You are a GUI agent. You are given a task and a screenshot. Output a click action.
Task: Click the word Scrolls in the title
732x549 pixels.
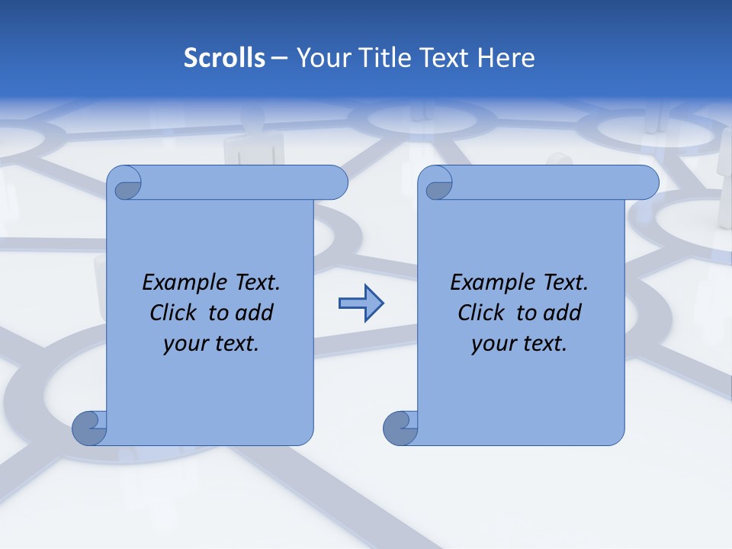click(x=225, y=58)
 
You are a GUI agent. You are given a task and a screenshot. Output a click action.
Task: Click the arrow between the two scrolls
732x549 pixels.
click(x=361, y=303)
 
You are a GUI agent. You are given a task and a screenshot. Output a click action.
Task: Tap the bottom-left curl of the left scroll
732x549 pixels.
click(x=89, y=428)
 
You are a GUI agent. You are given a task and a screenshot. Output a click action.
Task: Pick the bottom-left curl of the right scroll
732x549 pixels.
click(x=400, y=428)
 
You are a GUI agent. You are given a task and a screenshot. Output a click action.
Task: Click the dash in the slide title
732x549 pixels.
click(x=279, y=58)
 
